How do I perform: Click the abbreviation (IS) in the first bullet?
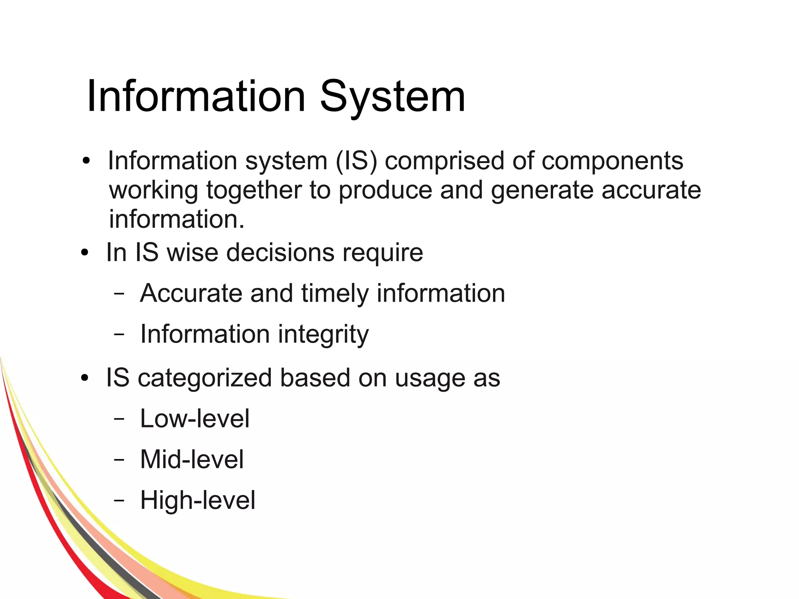pos(356,160)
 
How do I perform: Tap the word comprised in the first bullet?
pos(444,160)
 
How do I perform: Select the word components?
pos(612,160)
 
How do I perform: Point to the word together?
pos(254,190)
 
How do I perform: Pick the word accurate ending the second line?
pos(651,190)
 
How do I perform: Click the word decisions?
pos(281,252)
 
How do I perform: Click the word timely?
pos(335,293)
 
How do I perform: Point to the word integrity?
pos(323,334)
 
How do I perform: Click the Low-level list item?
pos(195,418)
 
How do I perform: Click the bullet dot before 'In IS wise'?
pos(85,253)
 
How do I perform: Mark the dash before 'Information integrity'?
pos(119,334)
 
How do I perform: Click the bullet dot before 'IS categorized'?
pos(85,378)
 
